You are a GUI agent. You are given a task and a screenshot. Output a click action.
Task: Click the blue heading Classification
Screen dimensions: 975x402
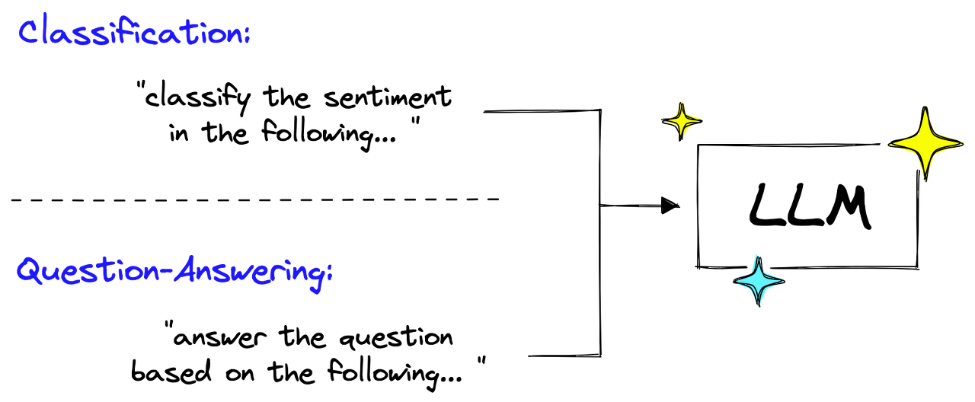133,33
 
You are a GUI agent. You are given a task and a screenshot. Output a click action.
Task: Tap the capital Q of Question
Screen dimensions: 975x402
29,271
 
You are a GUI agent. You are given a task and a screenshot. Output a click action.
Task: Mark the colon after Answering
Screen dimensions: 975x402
329,274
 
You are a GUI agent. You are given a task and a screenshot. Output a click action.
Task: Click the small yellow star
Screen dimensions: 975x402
683,119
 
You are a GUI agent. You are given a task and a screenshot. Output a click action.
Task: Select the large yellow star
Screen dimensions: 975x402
925,142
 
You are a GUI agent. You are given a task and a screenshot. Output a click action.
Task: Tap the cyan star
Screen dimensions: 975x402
758,281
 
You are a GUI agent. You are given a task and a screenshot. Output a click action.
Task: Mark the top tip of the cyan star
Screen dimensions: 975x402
756,254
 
